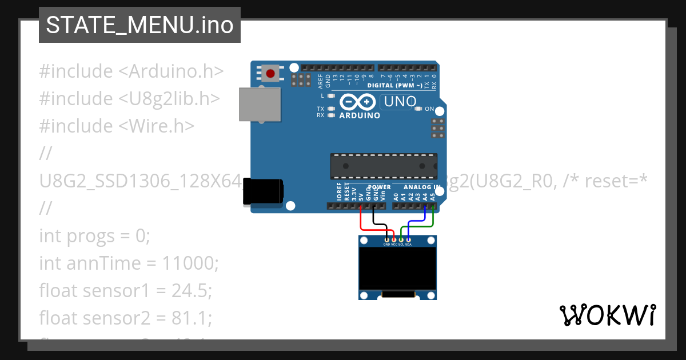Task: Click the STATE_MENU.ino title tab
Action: pyautogui.click(x=139, y=25)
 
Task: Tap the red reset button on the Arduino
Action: pyautogui.click(x=270, y=73)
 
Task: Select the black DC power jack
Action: pyautogui.click(x=263, y=191)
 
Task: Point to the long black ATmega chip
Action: pyautogui.click(x=384, y=166)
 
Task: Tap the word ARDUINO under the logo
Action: pyautogui.click(x=360, y=115)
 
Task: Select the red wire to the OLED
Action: pyautogui.click(x=361, y=220)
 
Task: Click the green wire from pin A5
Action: pyautogui.click(x=433, y=221)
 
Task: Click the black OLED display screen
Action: pyautogui.click(x=397, y=269)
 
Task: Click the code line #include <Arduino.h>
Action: pyautogui.click(x=131, y=71)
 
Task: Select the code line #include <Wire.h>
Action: pyautogui.click(x=117, y=126)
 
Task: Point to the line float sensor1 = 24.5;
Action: pyautogui.click(x=125, y=291)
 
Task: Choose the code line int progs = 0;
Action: pyautogui.click(x=94, y=235)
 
